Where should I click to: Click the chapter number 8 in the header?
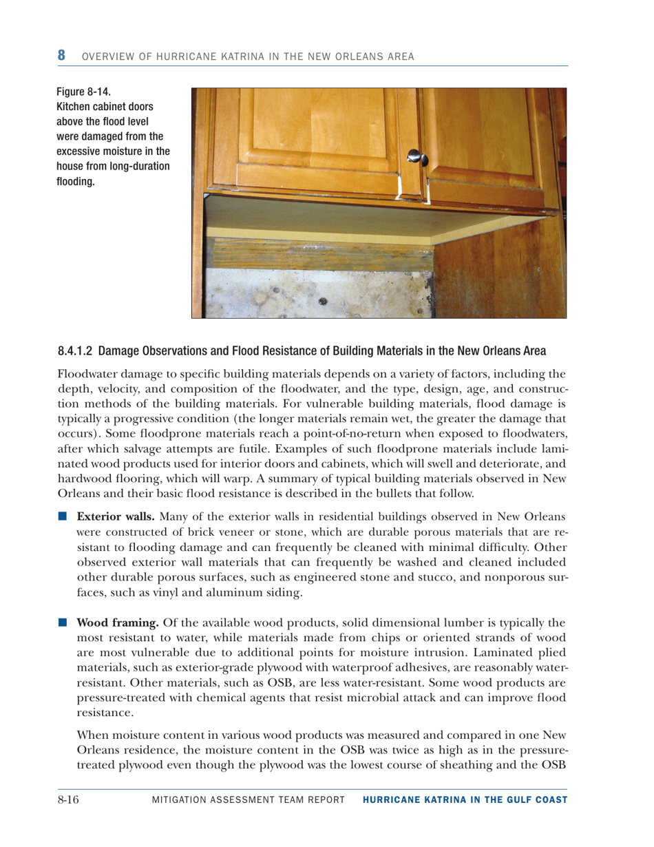pos(61,54)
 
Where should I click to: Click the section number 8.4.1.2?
pos(75,351)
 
